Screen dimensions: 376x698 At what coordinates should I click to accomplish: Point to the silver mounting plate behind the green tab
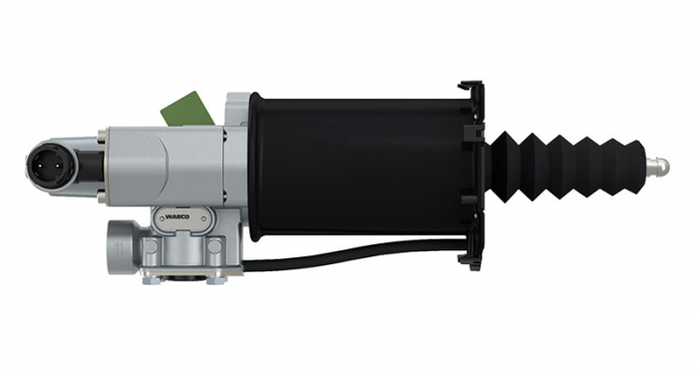[237, 112]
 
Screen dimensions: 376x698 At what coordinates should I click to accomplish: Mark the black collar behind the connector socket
[92, 160]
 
